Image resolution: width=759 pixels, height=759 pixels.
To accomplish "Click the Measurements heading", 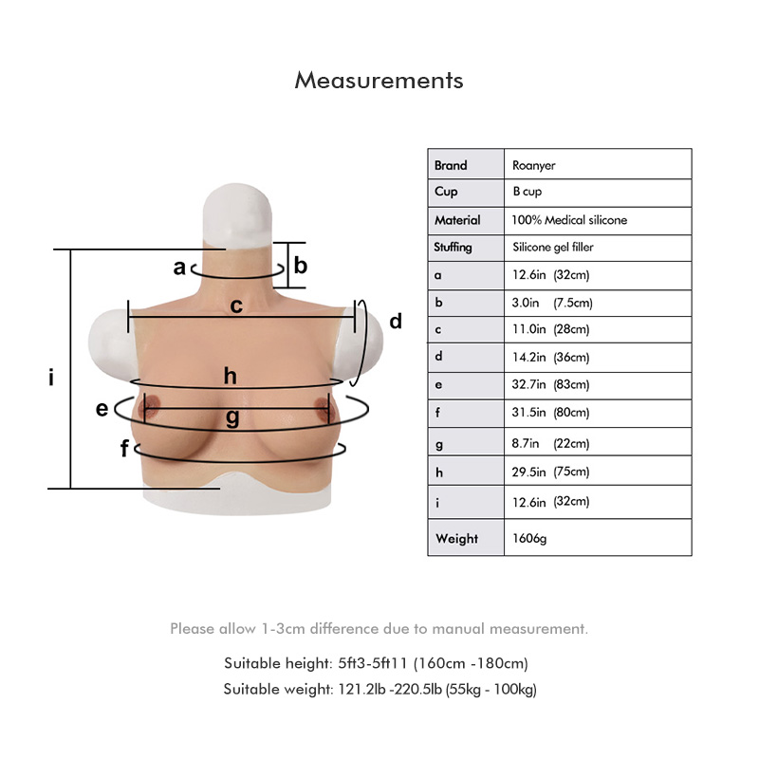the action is tap(379, 81).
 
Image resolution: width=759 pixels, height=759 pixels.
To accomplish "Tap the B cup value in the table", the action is tap(528, 192).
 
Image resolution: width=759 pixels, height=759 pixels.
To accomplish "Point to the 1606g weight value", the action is tap(529, 538).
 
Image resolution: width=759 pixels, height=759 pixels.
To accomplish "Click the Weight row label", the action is tap(456, 538).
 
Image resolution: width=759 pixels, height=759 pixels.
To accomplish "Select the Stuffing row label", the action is tap(453, 248).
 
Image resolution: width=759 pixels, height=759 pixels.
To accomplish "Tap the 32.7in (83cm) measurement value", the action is tap(550, 384).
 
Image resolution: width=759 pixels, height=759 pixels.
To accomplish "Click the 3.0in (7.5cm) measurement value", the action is tap(552, 303).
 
